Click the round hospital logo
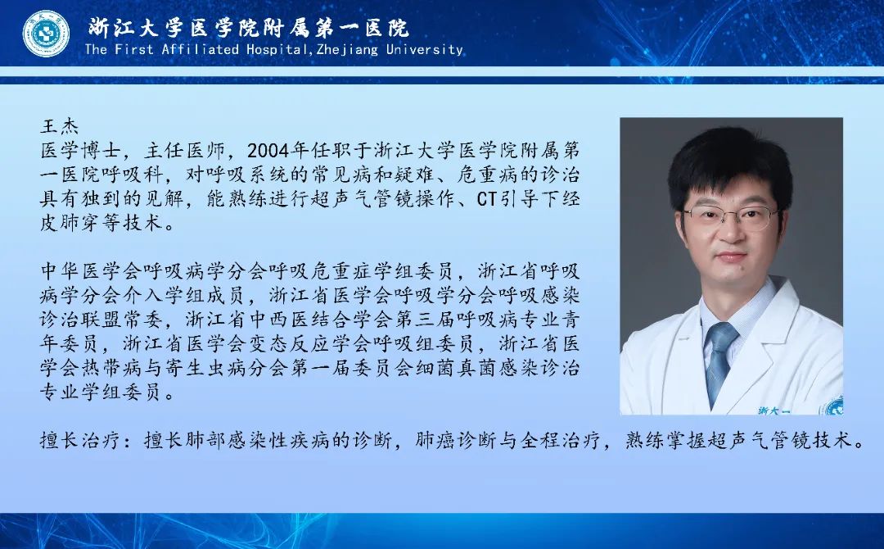coord(46,34)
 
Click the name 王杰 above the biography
coord(59,126)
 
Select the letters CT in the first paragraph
coord(488,198)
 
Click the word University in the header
coord(425,49)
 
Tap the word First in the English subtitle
coord(134,49)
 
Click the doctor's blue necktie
coord(719,362)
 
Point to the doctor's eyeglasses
coord(731,216)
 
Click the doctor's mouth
coord(732,256)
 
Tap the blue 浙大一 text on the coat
coord(773,411)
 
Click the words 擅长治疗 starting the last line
coord(80,439)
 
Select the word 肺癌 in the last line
coord(435,439)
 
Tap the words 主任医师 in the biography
coord(184,150)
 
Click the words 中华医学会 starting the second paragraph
coord(91,271)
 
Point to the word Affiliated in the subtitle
coord(201,49)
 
